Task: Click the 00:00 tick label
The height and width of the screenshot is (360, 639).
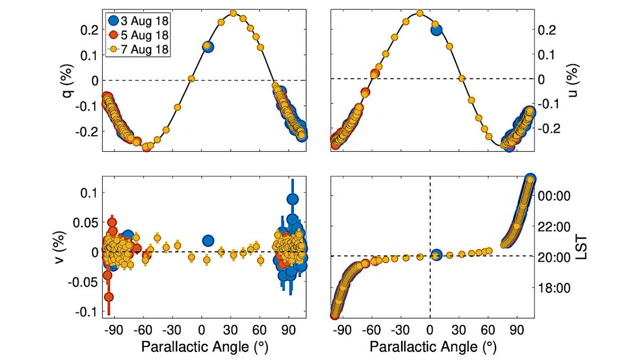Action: tap(555, 196)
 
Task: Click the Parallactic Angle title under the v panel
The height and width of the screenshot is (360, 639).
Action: tap(204, 347)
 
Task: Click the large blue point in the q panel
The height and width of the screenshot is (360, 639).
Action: tap(208, 47)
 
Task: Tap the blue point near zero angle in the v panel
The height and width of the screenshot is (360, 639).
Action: tap(208, 241)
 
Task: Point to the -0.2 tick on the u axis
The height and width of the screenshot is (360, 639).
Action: tap(552, 129)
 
